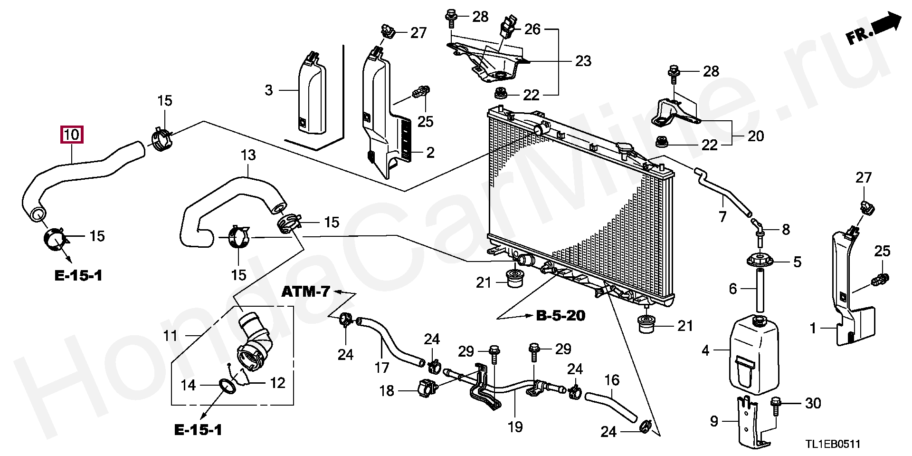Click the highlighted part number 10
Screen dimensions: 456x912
tap(71, 135)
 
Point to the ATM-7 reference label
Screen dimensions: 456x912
tap(305, 291)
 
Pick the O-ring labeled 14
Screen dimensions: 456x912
tap(228, 387)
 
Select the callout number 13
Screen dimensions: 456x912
tap(248, 155)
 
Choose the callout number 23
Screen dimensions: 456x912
tap(583, 61)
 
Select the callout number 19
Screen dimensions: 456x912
tap(515, 427)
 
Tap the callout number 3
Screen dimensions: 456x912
tap(269, 90)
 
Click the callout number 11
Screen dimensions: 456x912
tap(170, 336)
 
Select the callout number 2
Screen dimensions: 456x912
tap(430, 153)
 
